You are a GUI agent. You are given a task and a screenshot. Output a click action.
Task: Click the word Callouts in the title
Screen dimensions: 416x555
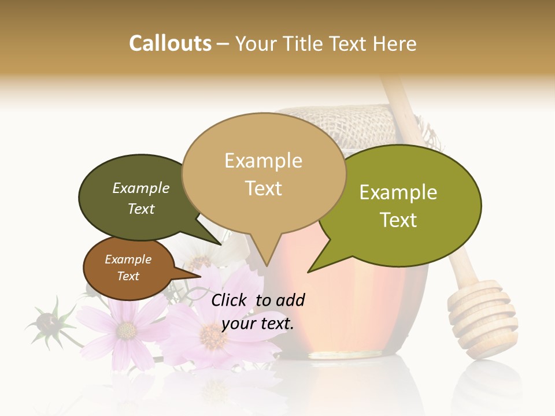pyautogui.click(x=170, y=43)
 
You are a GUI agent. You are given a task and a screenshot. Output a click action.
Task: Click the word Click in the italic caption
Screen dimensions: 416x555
pyautogui.click(x=230, y=300)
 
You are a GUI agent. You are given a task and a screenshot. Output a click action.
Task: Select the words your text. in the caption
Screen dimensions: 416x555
pyautogui.click(x=258, y=324)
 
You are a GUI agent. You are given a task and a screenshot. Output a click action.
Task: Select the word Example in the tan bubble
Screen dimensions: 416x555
pyautogui.click(x=264, y=161)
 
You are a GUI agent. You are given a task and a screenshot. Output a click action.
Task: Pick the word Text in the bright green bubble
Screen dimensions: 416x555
pyautogui.click(x=399, y=220)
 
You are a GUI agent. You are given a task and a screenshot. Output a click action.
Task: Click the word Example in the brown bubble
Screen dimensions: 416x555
pyautogui.click(x=128, y=259)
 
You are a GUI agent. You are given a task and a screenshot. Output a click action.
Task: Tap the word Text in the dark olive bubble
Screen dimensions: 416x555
pyautogui.click(x=141, y=209)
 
